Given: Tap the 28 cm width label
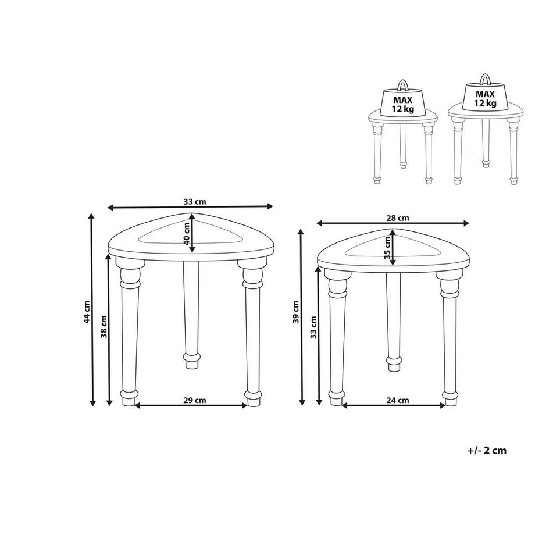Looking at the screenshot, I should click(398, 218).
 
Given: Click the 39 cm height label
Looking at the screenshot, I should click(296, 312).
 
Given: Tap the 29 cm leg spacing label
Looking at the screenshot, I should click(195, 400).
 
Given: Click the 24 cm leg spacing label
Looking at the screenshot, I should click(398, 400).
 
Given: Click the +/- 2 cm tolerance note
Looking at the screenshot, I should click(486, 451).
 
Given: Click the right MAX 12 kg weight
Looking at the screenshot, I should click(485, 98).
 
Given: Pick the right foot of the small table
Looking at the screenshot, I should click(449, 397).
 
